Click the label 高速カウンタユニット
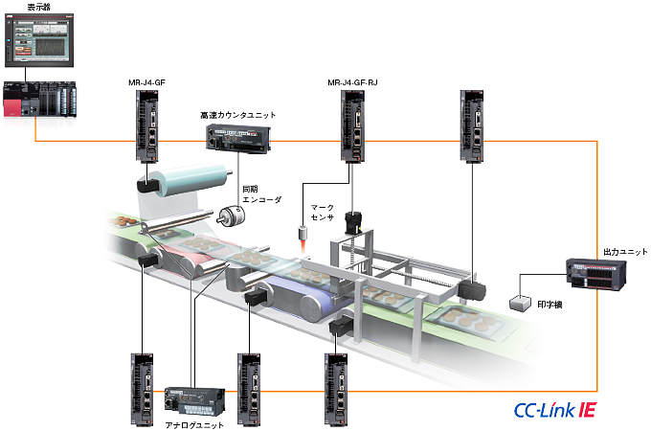pyautogui.click(x=238, y=115)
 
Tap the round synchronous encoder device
pyautogui.click(x=231, y=216)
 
